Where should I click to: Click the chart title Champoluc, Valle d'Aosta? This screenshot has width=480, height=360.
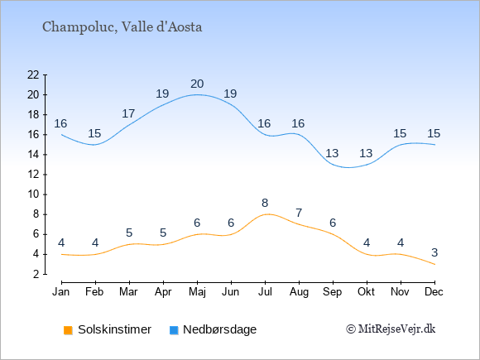[122, 27]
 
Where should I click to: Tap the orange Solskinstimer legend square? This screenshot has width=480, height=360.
[68, 330]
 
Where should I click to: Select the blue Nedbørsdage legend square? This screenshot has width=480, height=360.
[174, 330]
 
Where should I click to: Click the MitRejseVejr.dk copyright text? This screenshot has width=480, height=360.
[391, 329]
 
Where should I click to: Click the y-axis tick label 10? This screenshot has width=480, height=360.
[33, 194]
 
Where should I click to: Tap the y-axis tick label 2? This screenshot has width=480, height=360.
[36, 274]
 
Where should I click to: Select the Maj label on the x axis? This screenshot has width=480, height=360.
[197, 292]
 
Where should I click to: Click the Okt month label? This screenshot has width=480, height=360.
[367, 292]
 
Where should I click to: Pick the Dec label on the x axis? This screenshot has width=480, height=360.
[434, 292]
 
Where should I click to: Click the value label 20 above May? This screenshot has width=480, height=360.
[197, 84]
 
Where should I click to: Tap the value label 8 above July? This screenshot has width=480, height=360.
[265, 203]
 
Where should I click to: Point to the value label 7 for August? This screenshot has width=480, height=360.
[299, 213]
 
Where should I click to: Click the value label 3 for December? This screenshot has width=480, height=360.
[434, 253]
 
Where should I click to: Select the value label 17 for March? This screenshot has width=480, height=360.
[128, 114]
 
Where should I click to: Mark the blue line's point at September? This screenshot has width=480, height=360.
[333, 165]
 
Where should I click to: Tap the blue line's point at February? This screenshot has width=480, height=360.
[95, 145]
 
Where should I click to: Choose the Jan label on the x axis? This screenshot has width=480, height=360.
[61, 292]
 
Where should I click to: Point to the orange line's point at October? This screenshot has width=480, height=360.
[367, 254]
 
